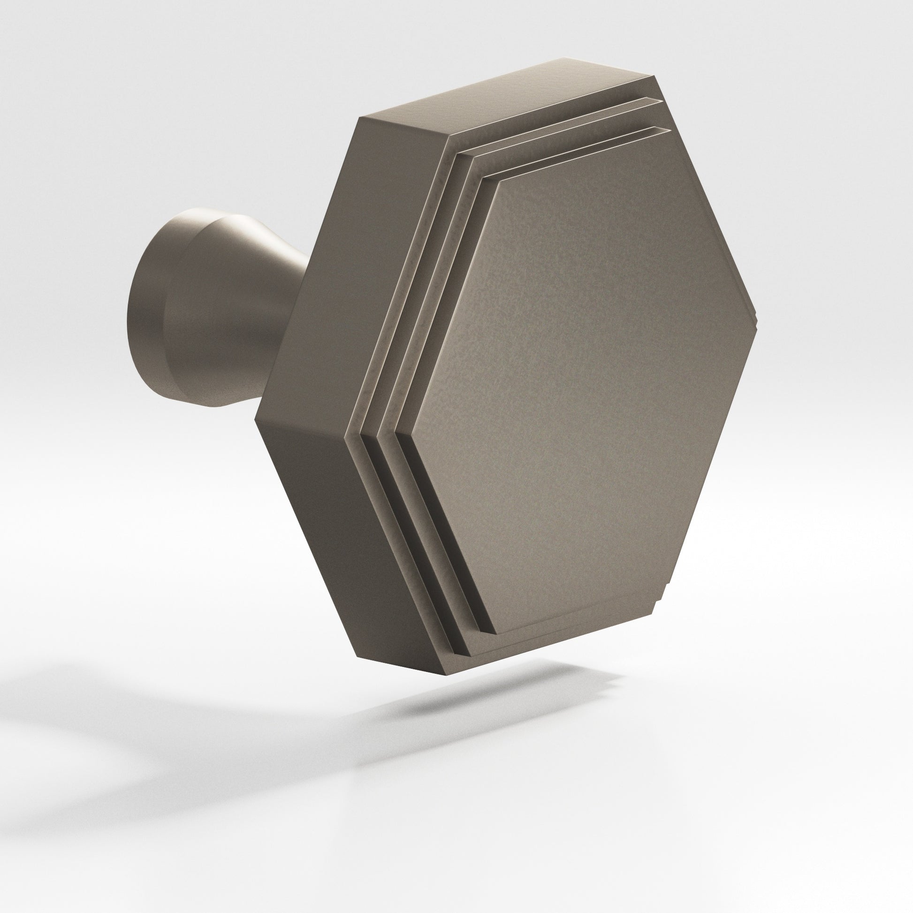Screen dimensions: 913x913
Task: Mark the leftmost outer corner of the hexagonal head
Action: [256, 418]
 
